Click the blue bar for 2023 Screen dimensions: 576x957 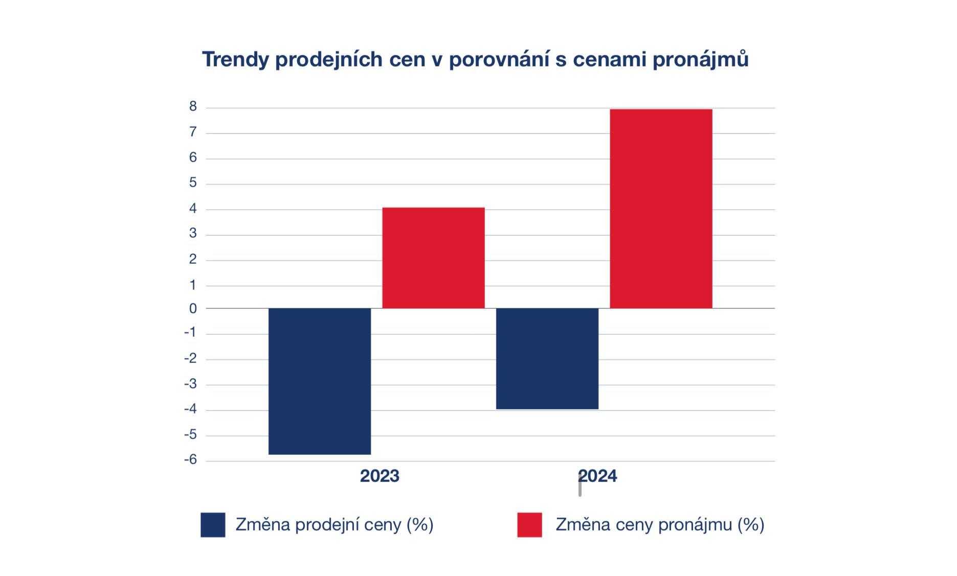pyautogui.click(x=319, y=381)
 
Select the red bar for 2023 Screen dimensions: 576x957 pyautogui.click(x=433, y=258)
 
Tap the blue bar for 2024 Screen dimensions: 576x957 pyautogui.click(x=547, y=358)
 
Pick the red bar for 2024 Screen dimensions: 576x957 pyautogui.click(x=661, y=209)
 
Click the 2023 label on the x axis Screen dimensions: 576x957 pyautogui.click(x=380, y=476)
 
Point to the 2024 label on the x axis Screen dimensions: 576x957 pyautogui.click(x=597, y=476)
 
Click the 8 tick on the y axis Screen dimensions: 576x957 pyautogui.click(x=193, y=106)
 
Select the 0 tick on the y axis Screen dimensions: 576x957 pyautogui.click(x=193, y=309)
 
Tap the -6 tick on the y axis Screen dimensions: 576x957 pyautogui.click(x=190, y=459)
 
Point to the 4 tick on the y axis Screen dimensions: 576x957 pyautogui.click(x=193, y=208)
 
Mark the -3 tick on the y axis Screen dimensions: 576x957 pyautogui.click(x=190, y=384)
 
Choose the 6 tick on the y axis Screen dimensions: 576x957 pyautogui.click(x=193, y=157)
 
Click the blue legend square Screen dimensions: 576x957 pyautogui.click(x=213, y=525)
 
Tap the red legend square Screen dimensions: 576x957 pyautogui.click(x=529, y=525)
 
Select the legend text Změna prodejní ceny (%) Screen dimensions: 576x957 pyautogui.click(x=335, y=524)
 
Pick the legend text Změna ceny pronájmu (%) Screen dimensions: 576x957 pyautogui.click(x=660, y=524)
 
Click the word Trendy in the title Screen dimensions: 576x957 pyautogui.click(x=235, y=59)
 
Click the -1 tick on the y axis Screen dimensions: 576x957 pyautogui.click(x=190, y=333)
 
